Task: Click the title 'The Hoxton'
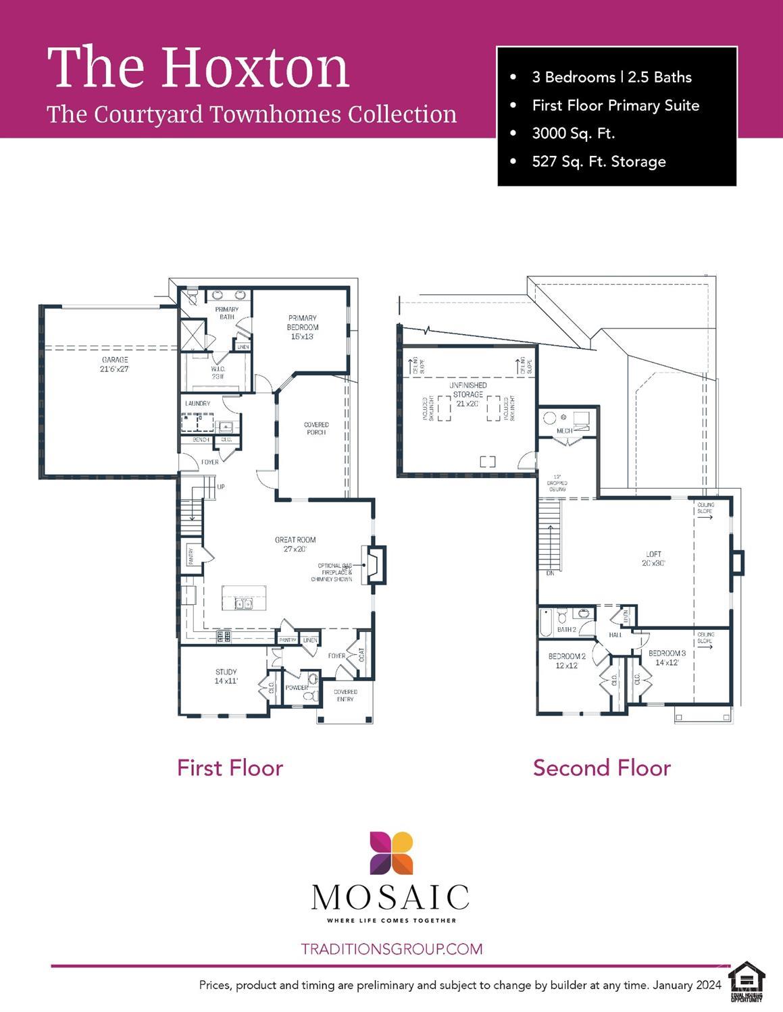(x=198, y=68)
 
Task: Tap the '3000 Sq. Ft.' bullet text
(x=573, y=133)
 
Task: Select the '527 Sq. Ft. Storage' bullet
(x=599, y=161)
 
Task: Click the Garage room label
(x=114, y=365)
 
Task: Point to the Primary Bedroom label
(x=302, y=327)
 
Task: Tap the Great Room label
(x=295, y=544)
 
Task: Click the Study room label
(x=226, y=676)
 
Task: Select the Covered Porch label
(x=316, y=429)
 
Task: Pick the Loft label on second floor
(x=653, y=558)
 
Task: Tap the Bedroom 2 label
(x=566, y=660)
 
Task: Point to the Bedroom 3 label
(x=667, y=658)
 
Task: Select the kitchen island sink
(x=243, y=603)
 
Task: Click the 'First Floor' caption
(x=230, y=768)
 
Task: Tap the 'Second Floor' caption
(x=601, y=768)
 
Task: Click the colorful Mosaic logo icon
(x=390, y=853)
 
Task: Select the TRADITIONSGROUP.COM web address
(x=391, y=949)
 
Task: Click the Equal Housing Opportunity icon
(x=747, y=981)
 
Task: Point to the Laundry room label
(x=197, y=404)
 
